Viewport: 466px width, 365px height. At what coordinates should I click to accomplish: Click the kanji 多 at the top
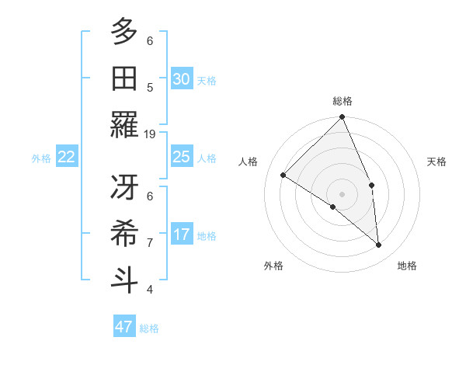(124, 33)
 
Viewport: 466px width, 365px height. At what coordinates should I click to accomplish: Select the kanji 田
(124, 78)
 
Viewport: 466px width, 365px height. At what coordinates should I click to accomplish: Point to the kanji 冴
(124, 188)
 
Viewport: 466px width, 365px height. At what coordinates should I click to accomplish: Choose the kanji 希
(124, 233)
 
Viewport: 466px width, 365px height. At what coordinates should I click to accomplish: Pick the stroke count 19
(151, 134)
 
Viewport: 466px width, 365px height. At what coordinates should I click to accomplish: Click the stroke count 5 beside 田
(150, 87)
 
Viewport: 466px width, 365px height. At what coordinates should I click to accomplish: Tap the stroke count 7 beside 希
(150, 242)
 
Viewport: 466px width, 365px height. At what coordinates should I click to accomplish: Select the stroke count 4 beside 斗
(150, 289)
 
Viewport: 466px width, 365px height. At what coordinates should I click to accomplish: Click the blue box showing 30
(182, 79)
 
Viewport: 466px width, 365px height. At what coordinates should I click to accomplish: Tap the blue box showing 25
(182, 157)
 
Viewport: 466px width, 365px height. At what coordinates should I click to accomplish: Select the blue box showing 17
(182, 235)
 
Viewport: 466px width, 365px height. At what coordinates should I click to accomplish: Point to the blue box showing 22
(67, 157)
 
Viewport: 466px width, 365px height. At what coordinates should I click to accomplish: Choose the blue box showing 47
(124, 327)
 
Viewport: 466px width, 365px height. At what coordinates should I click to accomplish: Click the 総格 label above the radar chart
(342, 101)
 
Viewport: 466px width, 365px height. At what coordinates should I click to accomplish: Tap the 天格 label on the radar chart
(436, 162)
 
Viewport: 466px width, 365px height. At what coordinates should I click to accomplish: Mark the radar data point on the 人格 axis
(283, 176)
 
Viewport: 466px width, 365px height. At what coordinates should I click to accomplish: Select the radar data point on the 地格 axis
(378, 245)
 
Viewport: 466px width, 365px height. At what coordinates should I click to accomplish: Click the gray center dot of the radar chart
(342, 193)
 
